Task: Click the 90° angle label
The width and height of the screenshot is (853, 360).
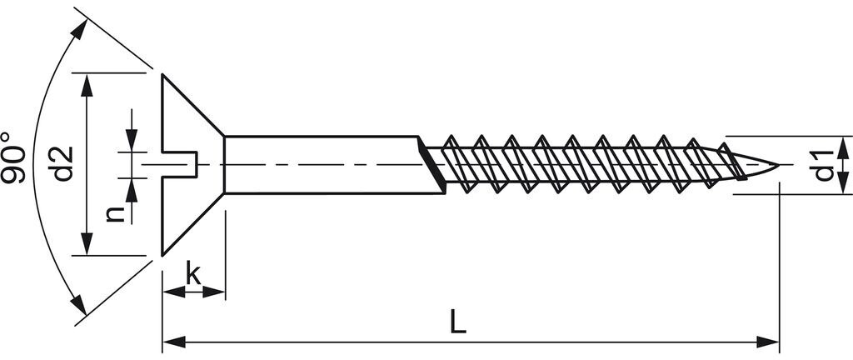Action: [x=13, y=157]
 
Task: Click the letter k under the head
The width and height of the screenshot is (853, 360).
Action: [x=193, y=273]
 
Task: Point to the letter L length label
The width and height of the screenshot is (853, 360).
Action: [x=459, y=322]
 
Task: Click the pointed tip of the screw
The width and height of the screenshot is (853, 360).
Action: [x=778, y=165]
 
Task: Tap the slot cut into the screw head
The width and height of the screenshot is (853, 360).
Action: [x=180, y=164]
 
